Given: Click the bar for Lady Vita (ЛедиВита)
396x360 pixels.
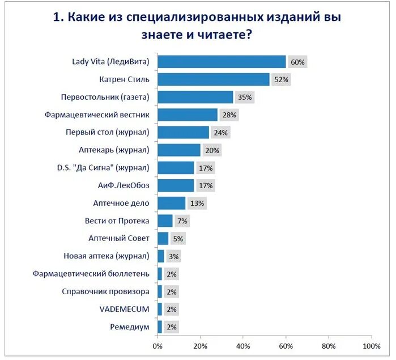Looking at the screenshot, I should pyautogui.click(x=222, y=62).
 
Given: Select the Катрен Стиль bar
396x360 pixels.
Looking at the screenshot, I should pyautogui.click(x=213, y=79).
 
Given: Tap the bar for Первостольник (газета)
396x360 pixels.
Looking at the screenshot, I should pyautogui.click(x=195, y=97).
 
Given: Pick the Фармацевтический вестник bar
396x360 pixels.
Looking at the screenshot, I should pyautogui.click(x=188, y=115).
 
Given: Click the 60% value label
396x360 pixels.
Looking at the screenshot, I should pyautogui.click(x=297, y=62).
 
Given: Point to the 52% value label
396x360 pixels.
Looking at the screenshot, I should pyautogui.click(x=280, y=79).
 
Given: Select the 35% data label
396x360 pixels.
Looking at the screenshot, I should pyautogui.click(x=245, y=97).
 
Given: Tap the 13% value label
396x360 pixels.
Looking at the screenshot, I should pyautogui.click(x=197, y=203).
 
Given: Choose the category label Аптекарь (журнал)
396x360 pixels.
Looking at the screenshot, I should pyautogui.click(x=114, y=150).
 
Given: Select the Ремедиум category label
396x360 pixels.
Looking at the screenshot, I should pyautogui.click(x=130, y=327).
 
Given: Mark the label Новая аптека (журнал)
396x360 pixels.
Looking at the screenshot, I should pyautogui.click(x=107, y=256).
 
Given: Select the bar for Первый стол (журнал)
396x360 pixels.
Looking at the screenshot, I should pyautogui.click(x=183, y=133).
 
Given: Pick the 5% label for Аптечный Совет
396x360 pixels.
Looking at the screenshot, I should pyautogui.click(x=178, y=239).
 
